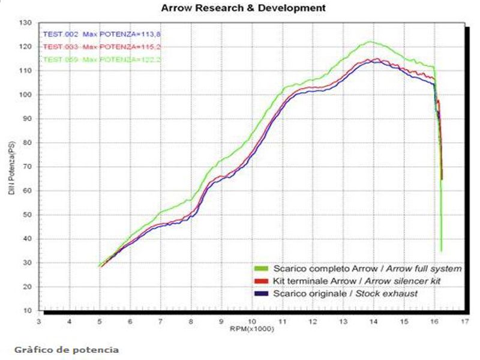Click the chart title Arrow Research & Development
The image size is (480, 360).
[244, 8]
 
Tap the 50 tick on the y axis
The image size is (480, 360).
[26, 215]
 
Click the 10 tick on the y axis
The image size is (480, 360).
[26, 311]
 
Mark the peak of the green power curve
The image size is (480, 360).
[370, 41]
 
